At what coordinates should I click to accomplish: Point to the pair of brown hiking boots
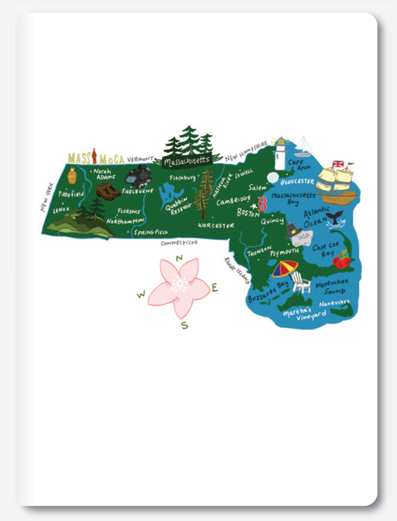pos(107,192)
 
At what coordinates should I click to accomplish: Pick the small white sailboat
pos(304,145)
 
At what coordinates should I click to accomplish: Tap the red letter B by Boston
pos(262,206)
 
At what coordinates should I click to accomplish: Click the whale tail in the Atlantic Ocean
pos(336,217)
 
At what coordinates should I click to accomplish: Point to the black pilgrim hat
pos(294,230)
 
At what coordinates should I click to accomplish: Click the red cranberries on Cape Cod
pos(341,260)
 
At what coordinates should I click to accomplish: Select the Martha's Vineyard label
pos(305,316)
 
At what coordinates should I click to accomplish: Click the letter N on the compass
pos(179,258)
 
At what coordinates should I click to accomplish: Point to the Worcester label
pos(216,224)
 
